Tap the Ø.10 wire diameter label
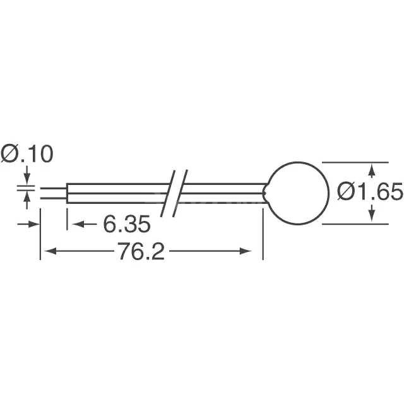(x=27, y=153)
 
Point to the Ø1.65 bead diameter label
(x=370, y=190)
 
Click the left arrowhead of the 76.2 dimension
(x=47, y=252)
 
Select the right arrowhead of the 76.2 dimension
(x=256, y=252)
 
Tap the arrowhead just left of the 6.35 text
(x=73, y=223)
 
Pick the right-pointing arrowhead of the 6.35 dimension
(x=34, y=223)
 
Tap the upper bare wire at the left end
(x=53, y=187)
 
